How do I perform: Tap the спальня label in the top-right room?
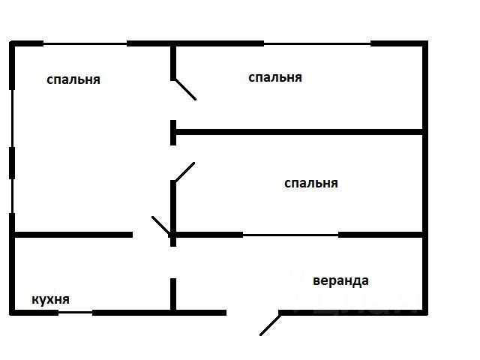click(274, 77)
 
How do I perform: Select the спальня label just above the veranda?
click(310, 183)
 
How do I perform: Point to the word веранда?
click(340, 281)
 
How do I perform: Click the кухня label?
click(51, 299)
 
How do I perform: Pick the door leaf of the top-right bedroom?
click(184, 89)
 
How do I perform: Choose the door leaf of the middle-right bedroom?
click(184, 172)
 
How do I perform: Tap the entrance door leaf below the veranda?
click(270, 323)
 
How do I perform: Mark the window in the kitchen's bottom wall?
click(75, 312)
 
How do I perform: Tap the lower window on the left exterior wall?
click(12, 196)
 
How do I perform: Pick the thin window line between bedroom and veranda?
click(291, 235)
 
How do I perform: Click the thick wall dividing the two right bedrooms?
click(300, 132)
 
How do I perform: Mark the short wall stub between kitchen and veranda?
click(173, 294)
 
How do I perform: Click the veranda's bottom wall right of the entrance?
click(352, 312)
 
